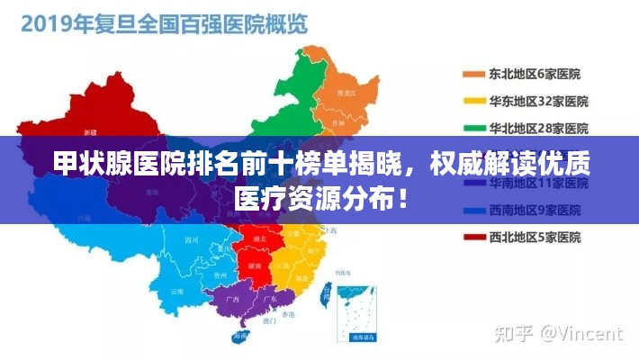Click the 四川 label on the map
(191, 240)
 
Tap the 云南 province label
(177, 292)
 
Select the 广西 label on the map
(234, 298)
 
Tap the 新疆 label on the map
(89, 131)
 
